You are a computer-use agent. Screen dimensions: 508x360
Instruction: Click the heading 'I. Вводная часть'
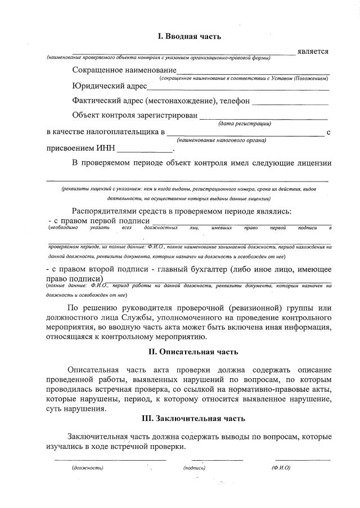(x=189, y=37)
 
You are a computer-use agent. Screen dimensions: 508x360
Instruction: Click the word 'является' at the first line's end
(x=313, y=52)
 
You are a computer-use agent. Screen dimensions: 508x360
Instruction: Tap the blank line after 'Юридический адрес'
(x=238, y=89)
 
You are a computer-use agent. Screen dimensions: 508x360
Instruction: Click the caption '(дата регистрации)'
(x=244, y=124)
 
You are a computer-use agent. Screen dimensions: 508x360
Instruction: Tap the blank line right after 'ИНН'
(x=145, y=152)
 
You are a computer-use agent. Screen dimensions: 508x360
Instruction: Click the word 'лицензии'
(x=311, y=164)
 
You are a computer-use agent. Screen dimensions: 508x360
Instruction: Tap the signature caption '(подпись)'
(x=194, y=468)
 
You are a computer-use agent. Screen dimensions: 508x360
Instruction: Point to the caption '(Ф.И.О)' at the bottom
(x=280, y=468)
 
